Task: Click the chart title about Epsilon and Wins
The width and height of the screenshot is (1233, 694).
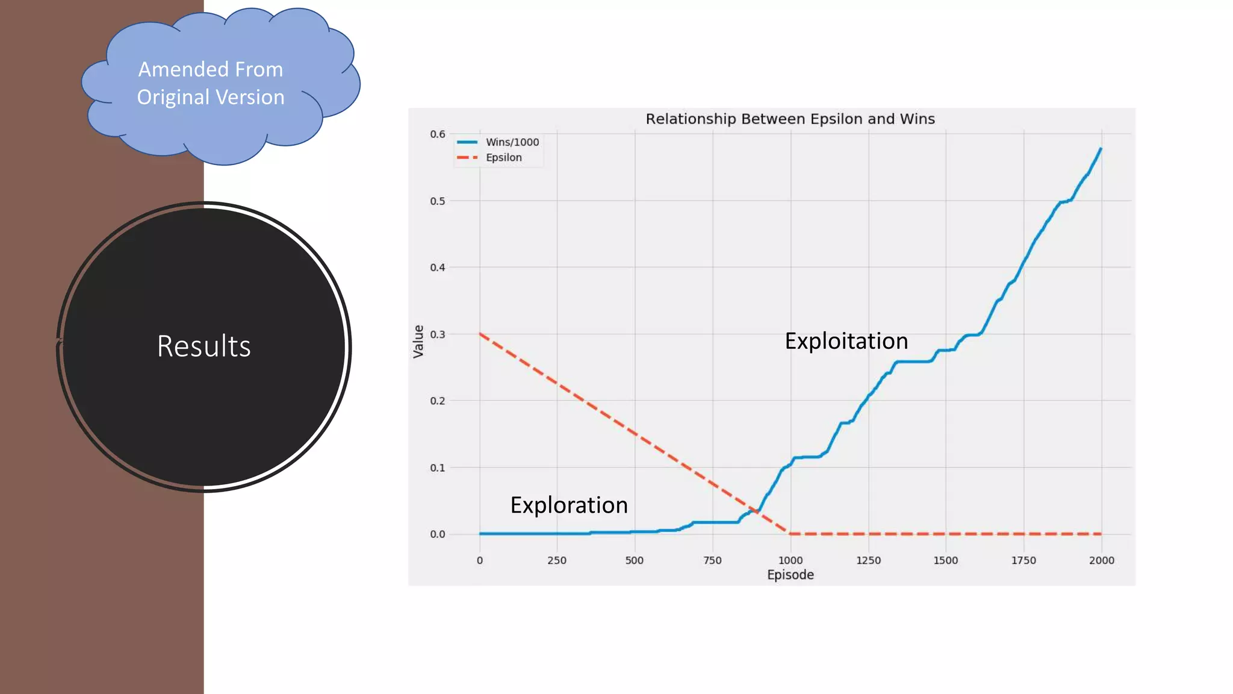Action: [x=790, y=119]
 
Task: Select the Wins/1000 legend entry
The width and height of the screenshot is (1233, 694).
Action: [x=512, y=142]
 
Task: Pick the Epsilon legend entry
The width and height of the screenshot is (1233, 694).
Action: [x=503, y=158]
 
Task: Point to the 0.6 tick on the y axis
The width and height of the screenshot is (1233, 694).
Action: [x=438, y=134]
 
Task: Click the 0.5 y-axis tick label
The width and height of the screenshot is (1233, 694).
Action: [x=438, y=201]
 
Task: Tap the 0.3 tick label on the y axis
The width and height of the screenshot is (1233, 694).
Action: [x=438, y=334]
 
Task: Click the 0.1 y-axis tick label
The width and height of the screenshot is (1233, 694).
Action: [x=438, y=467]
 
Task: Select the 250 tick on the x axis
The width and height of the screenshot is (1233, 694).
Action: [x=557, y=560]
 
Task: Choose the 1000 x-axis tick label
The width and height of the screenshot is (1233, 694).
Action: [x=790, y=560]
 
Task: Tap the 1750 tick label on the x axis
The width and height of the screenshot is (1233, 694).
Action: [x=1023, y=560]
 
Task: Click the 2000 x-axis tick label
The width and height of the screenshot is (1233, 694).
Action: [x=1102, y=560]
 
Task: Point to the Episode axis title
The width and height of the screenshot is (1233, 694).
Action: [x=790, y=575]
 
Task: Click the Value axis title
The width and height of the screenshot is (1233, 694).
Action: [x=418, y=342]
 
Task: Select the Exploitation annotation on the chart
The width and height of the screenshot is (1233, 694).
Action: [x=846, y=342]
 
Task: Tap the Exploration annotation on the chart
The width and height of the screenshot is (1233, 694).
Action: [x=569, y=505]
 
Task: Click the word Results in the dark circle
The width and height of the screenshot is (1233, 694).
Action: [x=204, y=346]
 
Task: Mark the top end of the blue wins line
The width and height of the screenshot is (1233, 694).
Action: [x=1101, y=149]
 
